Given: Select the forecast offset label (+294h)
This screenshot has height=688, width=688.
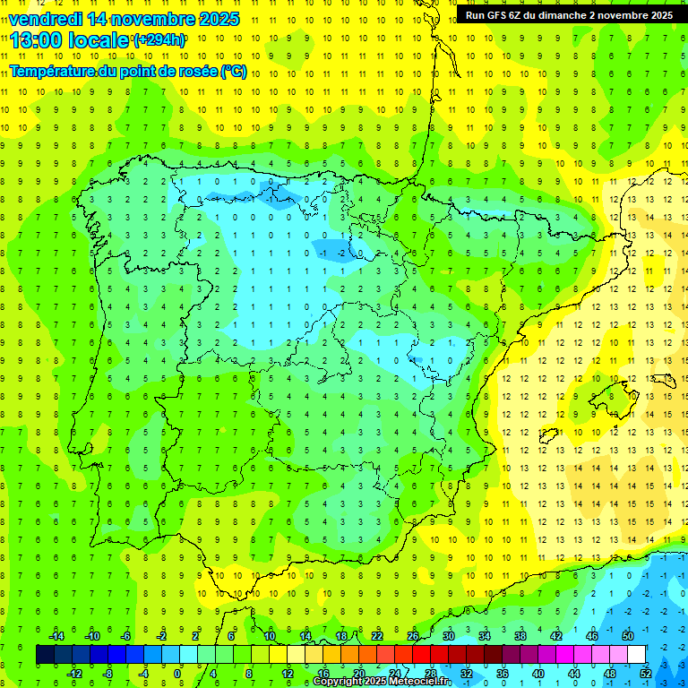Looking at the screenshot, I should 159,40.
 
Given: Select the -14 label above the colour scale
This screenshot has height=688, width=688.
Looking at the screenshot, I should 56,635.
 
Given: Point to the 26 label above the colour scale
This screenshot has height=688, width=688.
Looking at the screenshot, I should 413,635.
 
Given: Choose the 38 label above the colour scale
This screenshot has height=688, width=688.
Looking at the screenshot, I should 520,635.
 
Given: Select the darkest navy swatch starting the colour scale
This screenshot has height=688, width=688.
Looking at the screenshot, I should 46,654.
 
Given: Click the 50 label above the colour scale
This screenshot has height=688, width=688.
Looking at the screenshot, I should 628,635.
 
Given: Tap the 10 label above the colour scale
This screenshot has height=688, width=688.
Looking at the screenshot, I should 270,635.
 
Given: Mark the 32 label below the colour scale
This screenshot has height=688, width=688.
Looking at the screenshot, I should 467,673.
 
